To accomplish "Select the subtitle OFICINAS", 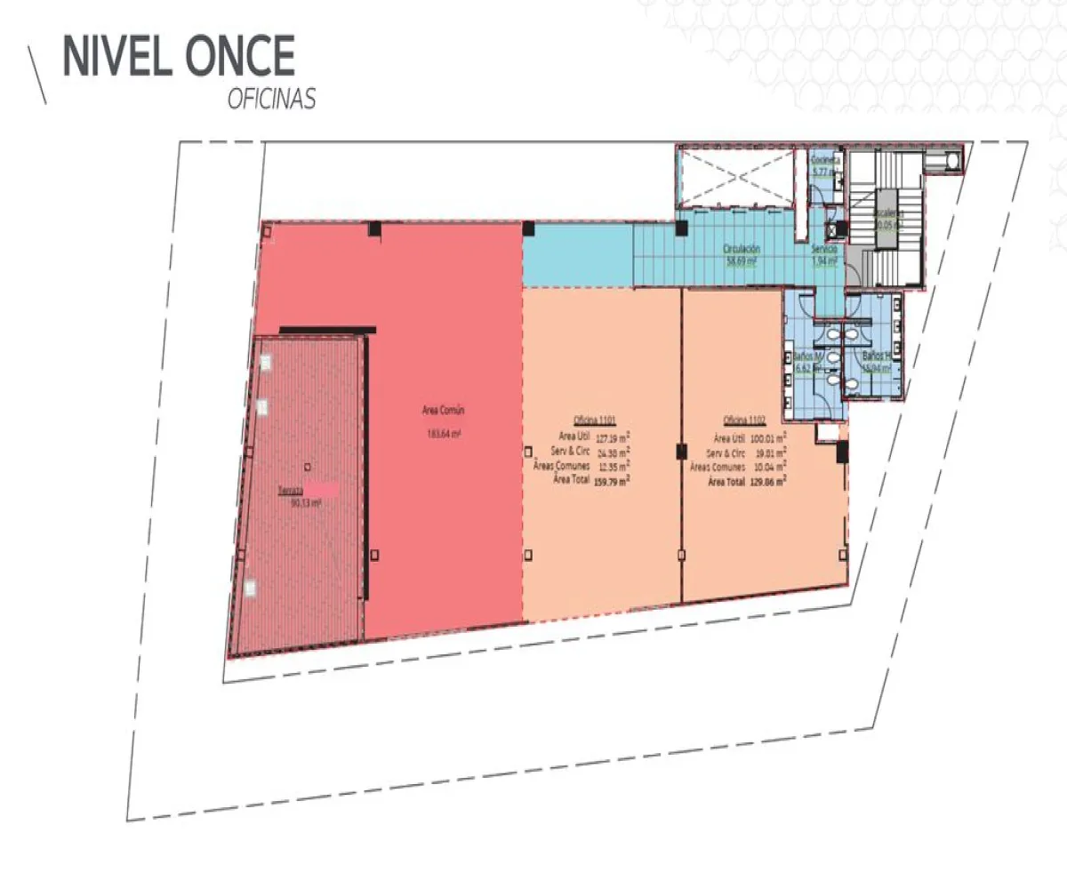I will (271, 100).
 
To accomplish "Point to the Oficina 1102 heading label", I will (745, 420).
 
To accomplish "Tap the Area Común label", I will (444, 411).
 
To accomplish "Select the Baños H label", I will (874, 356).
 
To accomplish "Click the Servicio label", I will (824, 250).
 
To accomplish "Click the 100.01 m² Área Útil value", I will (764, 437).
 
